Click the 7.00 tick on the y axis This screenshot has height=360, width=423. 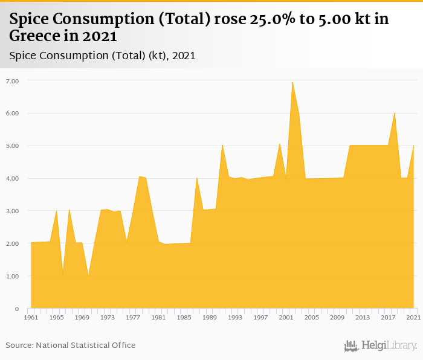[x=13, y=80]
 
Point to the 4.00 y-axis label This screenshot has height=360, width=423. [x=13, y=178]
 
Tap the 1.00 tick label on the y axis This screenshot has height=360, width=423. [x=13, y=276]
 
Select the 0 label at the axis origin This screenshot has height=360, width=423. [x=16, y=309]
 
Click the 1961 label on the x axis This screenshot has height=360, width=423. [x=31, y=317]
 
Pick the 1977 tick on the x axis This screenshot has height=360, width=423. [x=133, y=317]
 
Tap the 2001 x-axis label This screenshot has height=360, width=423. [x=286, y=317]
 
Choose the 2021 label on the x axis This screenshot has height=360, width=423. [x=413, y=317]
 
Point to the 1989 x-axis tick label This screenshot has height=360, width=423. [x=210, y=317]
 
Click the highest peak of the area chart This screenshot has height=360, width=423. [x=292, y=82]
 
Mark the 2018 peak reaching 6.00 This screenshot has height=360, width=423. [x=395, y=113]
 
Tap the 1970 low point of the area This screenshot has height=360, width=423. [x=88, y=276]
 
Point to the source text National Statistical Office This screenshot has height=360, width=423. [x=86, y=345]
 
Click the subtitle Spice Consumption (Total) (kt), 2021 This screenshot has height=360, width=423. [x=102, y=56]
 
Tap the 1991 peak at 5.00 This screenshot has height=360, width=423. [x=222, y=145]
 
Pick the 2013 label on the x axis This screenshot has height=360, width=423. [x=363, y=317]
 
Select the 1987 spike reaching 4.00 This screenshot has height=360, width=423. [x=197, y=178]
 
